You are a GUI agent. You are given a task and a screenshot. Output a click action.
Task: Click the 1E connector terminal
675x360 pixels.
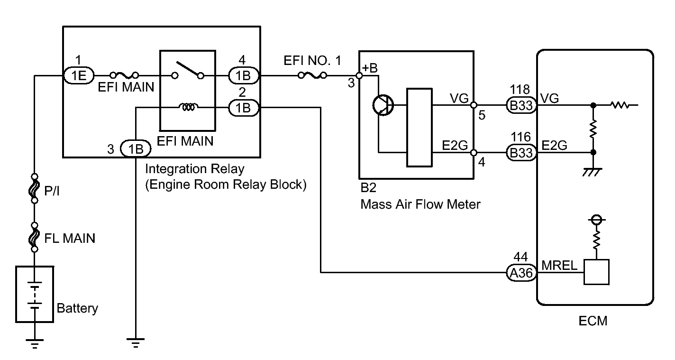click(x=79, y=75)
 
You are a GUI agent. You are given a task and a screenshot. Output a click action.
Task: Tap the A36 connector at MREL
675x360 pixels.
click(x=521, y=273)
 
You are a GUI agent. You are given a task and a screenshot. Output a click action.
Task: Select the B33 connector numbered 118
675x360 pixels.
click(x=521, y=105)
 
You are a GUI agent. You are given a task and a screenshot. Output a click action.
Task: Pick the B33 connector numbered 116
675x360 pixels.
click(x=521, y=153)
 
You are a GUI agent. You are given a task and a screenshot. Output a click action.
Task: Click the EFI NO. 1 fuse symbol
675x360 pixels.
click(x=312, y=75)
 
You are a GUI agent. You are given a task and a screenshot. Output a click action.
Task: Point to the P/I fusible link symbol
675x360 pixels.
click(x=34, y=188)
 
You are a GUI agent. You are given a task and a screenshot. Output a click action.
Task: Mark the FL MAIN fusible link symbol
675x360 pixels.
click(x=34, y=237)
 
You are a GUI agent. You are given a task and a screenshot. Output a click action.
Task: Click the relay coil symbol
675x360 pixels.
click(x=189, y=107)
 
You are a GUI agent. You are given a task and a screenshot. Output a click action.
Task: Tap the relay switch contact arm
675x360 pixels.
click(x=188, y=68)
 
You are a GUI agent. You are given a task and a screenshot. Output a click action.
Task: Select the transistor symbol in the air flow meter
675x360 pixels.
click(x=383, y=105)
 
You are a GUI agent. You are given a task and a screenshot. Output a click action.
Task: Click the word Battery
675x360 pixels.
click(x=77, y=308)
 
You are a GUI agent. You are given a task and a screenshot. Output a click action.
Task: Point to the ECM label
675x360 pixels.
click(x=593, y=321)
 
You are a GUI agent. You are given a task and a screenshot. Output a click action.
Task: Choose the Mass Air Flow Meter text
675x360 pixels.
click(x=420, y=204)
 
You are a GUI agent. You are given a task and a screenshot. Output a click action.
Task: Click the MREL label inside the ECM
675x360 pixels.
click(x=559, y=266)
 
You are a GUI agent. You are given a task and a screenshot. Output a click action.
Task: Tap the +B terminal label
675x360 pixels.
click(x=370, y=68)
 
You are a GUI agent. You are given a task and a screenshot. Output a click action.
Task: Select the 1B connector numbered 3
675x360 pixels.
click(x=136, y=148)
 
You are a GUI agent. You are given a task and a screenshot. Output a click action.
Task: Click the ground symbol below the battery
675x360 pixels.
click(x=34, y=343)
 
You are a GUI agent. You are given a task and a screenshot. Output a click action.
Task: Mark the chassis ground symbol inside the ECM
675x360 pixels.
click(x=593, y=172)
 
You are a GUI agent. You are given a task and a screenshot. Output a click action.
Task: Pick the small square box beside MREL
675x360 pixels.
click(x=596, y=272)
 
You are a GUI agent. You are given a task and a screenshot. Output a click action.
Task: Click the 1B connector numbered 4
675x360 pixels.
click(x=244, y=75)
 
